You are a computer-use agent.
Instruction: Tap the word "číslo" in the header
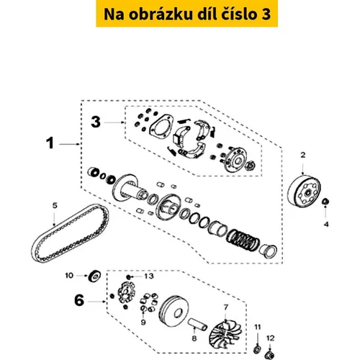pos(238,14)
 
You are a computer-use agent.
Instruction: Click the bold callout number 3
pos(96,122)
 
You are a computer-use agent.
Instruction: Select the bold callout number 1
pos(50,143)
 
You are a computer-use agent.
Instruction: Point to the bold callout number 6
pos(79,300)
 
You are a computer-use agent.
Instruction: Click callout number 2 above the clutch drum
pos(303,155)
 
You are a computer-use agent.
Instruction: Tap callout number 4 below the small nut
pos(326,225)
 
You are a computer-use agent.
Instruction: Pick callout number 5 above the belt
pos(55,205)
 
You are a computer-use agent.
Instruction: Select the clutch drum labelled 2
pos(304,191)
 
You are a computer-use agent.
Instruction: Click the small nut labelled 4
pos(325,202)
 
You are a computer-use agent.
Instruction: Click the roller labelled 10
pos(95,276)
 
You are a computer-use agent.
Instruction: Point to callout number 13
pos(149,276)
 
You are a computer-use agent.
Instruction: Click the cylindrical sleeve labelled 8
pos(197,324)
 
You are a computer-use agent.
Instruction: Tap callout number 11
pos(258,327)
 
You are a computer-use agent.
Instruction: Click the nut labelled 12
pos(270,355)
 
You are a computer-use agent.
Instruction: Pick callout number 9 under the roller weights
pos(143,322)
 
